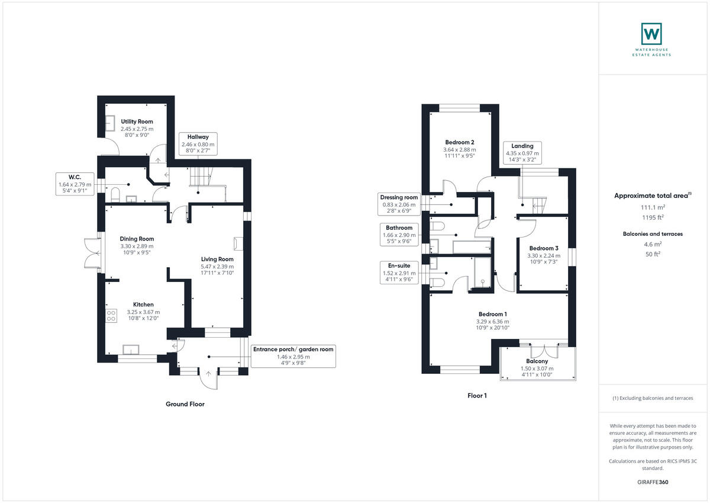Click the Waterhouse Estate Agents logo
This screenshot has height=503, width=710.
tap(651, 34)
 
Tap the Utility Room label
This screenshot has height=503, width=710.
tap(137, 121)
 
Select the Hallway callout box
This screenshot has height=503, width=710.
tap(198, 144)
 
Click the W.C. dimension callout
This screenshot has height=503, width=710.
tap(74, 184)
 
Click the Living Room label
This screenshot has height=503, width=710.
tap(217, 259)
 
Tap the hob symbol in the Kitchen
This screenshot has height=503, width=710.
tap(111, 315)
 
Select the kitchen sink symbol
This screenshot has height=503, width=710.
tap(131, 348)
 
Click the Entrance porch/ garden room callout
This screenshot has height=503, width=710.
tap(293, 356)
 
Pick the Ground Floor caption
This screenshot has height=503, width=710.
tap(185, 404)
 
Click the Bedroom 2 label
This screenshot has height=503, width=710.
tap(459, 142)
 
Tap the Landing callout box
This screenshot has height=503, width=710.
tap(522, 153)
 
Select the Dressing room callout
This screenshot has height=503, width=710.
tap(399, 204)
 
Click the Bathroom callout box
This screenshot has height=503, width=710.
tap(399, 235)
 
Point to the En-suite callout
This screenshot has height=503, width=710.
tap(399, 273)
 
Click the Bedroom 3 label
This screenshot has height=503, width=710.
tap(543, 248)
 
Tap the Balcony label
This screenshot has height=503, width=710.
tap(537, 361)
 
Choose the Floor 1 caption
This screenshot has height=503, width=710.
tap(476, 395)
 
